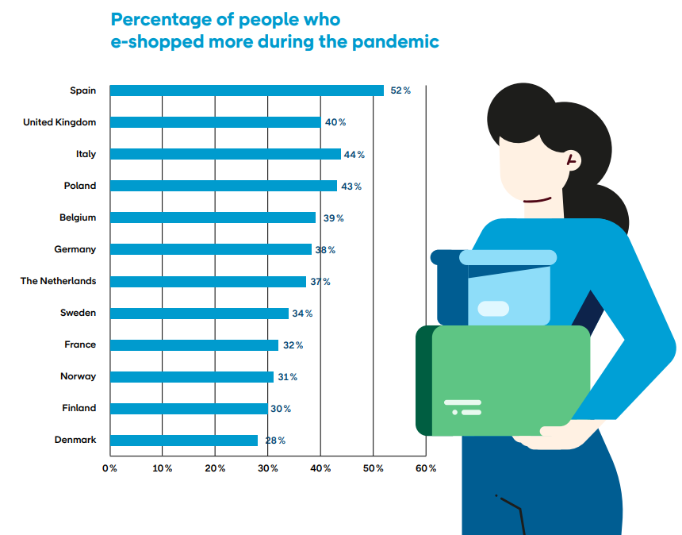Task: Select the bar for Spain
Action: point(247,90)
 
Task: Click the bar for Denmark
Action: point(184,440)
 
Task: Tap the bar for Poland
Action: point(224,186)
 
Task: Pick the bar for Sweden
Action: point(199,313)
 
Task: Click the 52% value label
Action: point(400,90)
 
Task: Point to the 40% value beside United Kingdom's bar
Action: point(335,122)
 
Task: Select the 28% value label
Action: point(275,441)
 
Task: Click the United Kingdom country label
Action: point(59,122)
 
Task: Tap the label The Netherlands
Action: point(58,281)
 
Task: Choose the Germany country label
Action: point(75,249)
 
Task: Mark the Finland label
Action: point(79,408)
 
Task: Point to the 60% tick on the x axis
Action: point(426,468)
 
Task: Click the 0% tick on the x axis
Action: point(109,468)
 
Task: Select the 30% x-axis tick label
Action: point(268,468)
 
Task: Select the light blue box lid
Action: point(508,257)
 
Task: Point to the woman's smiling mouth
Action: point(537,200)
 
